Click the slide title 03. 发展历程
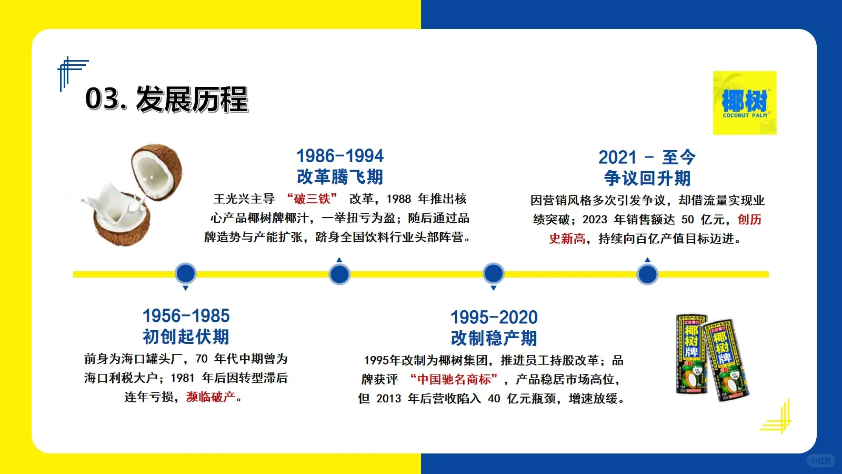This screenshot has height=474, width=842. coord(166,99)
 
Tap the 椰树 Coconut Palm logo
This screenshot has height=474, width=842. coord(744,103)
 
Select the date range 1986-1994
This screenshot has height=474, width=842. coord(340,156)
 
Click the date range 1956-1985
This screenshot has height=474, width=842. coord(186,316)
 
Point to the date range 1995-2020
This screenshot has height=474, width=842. coord(494,318)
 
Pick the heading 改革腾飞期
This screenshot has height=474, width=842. coord(340,177)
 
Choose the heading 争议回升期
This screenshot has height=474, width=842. coord(647,179)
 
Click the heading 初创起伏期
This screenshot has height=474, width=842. coord(186,337)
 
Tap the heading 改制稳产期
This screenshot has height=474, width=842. coord(494,339)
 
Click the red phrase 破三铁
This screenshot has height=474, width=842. coord(312,199)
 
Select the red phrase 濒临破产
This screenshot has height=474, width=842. coord(210,397)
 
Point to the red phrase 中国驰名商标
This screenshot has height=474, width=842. coord(454,379)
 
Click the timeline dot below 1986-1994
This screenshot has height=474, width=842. coord(339,274)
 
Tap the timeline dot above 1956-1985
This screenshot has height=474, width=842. coord(185,274)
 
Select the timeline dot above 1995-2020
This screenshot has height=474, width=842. coord(493,274)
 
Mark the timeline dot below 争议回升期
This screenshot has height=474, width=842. coord(647,274)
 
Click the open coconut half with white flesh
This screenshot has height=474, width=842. coord(157,172)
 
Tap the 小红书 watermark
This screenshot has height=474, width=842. coord(820,460)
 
